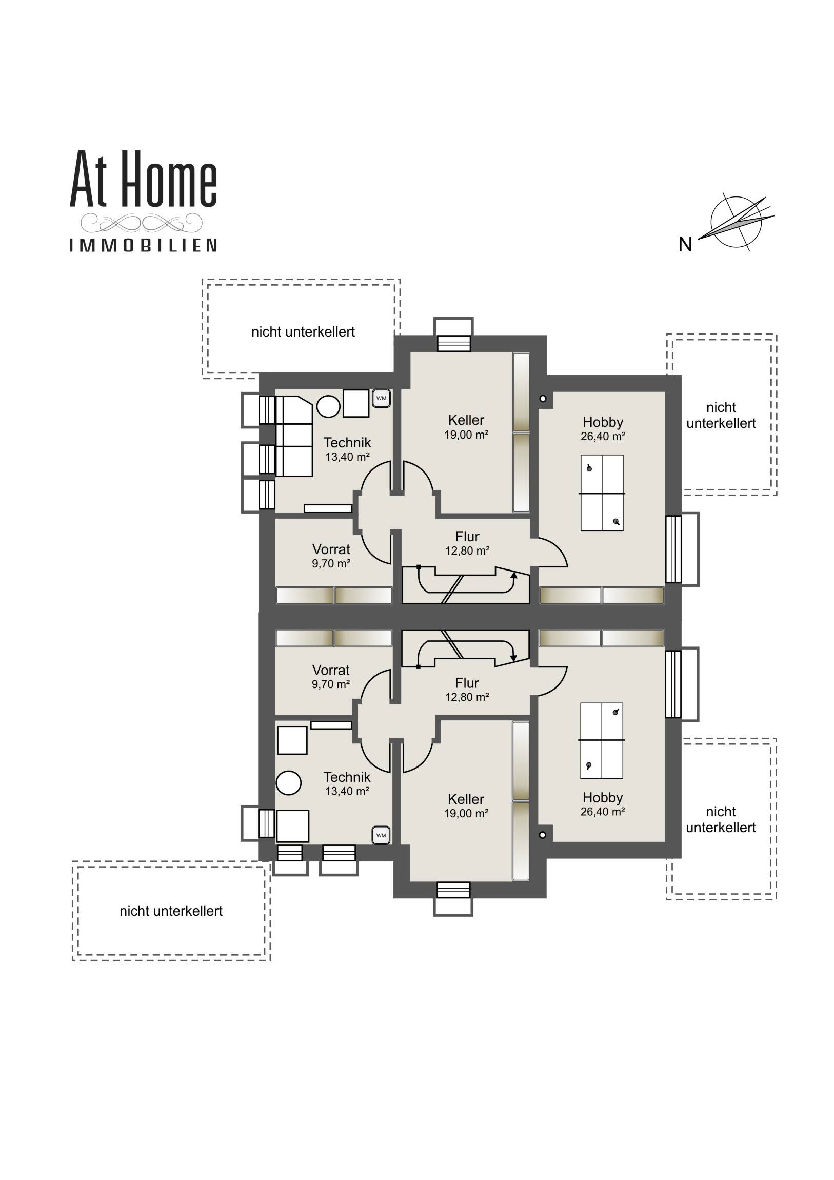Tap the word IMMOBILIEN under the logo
[144, 245]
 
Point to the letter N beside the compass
[685, 245]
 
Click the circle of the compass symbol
[736, 222]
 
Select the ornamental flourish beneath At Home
[143, 223]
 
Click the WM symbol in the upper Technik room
[381, 398]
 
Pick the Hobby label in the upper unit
[603, 422]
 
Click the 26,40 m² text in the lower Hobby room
[603, 812]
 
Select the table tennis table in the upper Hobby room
[602, 493]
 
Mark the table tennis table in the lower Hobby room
[602, 741]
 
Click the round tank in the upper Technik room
[328, 407]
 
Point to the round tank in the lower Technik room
[288, 783]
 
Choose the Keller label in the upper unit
[466, 420]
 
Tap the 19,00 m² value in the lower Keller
[466, 814]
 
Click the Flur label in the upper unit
[467, 537]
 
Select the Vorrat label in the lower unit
[331, 670]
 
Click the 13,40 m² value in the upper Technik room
[348, 457]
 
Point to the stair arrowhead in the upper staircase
[513, 575]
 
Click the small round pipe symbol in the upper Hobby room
[543, 398]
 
